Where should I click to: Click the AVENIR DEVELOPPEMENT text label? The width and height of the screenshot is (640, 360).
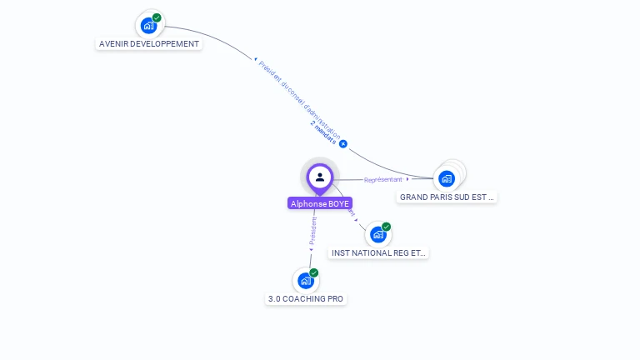pyautogui.click(x=149, y=44)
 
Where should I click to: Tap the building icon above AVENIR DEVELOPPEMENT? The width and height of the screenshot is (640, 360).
pyautogui.click(x=148, y=26)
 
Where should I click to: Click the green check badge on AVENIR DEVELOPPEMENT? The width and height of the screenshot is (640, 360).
pyautogui.click(x=157, y=17)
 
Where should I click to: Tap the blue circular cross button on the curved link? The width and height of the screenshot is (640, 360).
pyautogui.click(x=342, y=144)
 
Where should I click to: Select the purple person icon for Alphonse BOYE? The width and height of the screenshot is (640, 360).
pyautogui.click(x=320, y=177)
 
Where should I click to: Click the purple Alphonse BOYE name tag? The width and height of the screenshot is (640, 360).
pyautogui.click(x=320, y=203)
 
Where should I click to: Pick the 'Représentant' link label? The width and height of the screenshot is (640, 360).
pyautogui.click(x=383, y=179)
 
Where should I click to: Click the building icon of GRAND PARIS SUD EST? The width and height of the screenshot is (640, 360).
pyautogui.click(x=447, y=178)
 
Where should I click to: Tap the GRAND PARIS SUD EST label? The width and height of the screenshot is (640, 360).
pyautogui.click(x=447, y=197)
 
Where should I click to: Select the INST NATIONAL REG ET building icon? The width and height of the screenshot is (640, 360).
pyautogui.click(x=377, y=235)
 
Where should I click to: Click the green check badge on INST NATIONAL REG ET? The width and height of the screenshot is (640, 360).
pyautogui.click(x=386, y=227)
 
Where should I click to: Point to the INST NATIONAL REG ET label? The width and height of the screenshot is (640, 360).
pyautogui.click(x=378, y=252)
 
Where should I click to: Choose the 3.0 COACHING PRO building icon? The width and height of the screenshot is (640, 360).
pyautogui.click(x=306, y=281)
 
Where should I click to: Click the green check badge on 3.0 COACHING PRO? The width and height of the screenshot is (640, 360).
pyautogui.click(x=314, y=272)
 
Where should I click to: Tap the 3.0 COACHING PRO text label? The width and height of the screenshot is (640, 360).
pyautogui.click(x=306, y=299)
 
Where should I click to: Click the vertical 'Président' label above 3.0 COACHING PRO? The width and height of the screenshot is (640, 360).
pyautogui.click(x=312, y=231)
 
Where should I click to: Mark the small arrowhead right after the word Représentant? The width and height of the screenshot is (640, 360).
pyautogui.click(x=407, y=179)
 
